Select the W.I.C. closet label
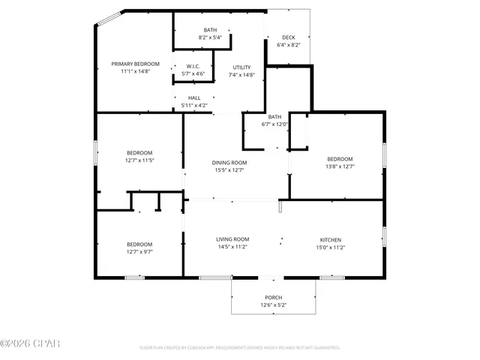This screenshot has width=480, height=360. coord(193,66)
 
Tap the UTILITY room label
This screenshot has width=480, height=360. coord(241,67)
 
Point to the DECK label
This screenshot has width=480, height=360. coord(288,37)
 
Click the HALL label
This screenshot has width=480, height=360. coord(194,98)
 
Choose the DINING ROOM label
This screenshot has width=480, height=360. coord(229,162)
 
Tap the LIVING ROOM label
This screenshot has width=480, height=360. coord(232,239)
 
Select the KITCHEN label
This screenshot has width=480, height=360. coord(331,239)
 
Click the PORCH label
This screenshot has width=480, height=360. coord(273,298)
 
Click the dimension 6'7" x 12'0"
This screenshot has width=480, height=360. coord(274,124)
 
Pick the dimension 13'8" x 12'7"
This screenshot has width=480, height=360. coord(340,166)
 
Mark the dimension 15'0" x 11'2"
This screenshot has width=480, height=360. coord(331,247)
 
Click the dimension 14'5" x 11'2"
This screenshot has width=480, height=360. coord(232,247)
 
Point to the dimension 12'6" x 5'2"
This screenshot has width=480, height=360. coord(273,305)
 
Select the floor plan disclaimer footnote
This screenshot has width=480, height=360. coord(240,348)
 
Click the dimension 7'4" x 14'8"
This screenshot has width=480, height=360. coord(241,74)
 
